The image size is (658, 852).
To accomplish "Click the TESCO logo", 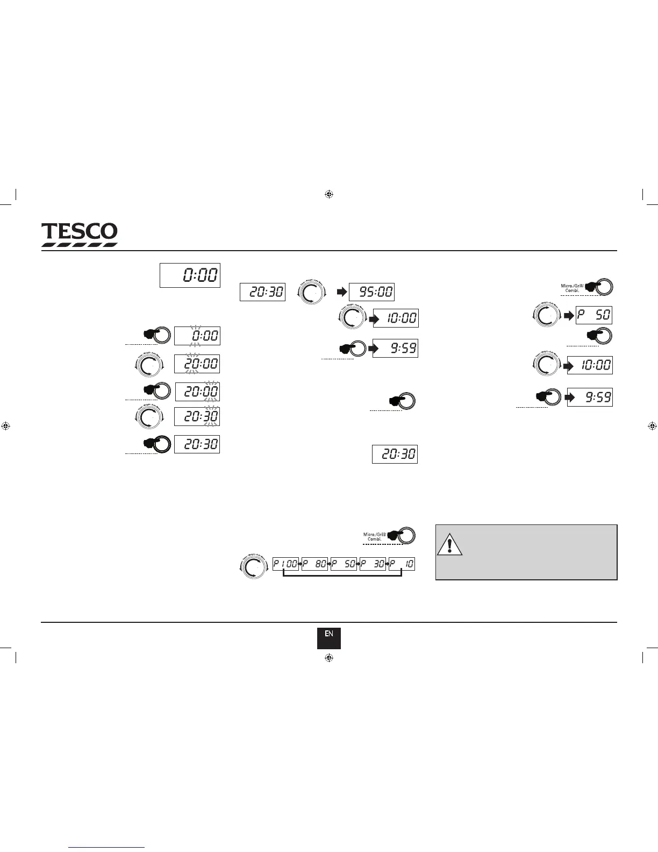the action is pyautogui.click(x=80, y=235).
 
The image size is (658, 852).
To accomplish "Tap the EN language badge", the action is pyautogui.click(x=328, y=638).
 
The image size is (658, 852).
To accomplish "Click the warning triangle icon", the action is pyautogui.click(x=449, y=544).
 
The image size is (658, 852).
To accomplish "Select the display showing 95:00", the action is pyautogui.click(x=371, y=292).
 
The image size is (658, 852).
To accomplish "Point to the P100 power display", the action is pyautogui.click(x=285, y=564).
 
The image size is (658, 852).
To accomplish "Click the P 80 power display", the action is pyautogui.click(x=314, y=564).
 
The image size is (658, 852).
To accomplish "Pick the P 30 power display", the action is pyautogui.click(x=373, y=564).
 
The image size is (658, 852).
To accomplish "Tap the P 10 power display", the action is pyautogui.click(x=402, y=564).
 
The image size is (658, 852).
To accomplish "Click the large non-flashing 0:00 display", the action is pyautogui.click(x=190, y=275).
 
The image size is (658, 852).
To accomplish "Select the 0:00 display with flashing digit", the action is pyautogui.click(x=197, y=336).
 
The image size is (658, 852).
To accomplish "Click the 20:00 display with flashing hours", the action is pyautogui.click(x=197, y=364).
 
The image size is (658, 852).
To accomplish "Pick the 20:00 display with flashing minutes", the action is pyautogui.click(x=197, y=391).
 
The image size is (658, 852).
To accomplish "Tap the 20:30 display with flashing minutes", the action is pyautogui.click(x=197, y=417).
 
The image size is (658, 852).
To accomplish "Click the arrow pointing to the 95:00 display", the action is pyautogui.click(x=341, y=293).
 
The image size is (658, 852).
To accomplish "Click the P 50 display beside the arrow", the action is pyautogui.click(x=593, y=315).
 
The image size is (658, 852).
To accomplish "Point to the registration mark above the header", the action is pyautogui.click(x=330, y=194).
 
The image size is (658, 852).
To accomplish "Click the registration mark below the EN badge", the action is pyautogui.click(x=330, y=658).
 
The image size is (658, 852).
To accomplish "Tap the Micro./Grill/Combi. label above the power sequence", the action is pyautogui.click(x=375, y=537).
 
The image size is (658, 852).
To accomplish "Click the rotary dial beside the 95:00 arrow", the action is pyautogui.click(x=312, y=293).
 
